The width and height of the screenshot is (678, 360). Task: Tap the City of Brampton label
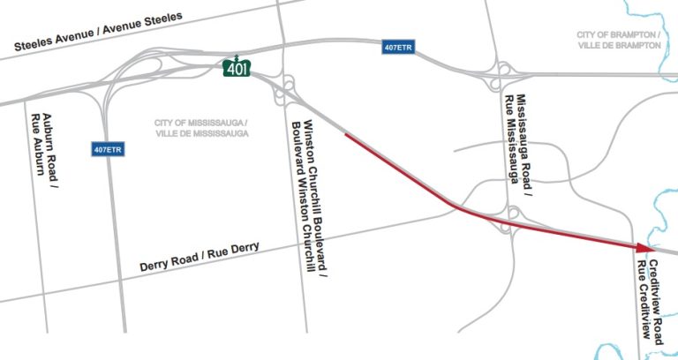(618, 40)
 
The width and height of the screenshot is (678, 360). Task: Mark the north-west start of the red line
(345, 134)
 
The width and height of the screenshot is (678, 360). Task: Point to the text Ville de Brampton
(618, 45)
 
